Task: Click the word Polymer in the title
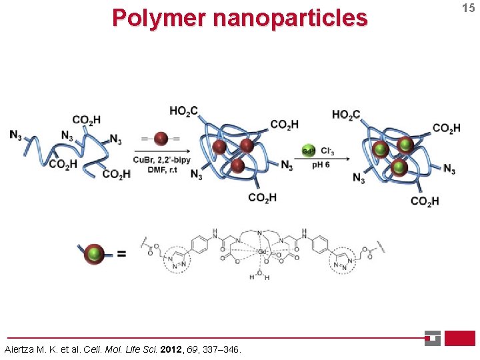point(159,18)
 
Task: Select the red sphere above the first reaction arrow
point(160,139)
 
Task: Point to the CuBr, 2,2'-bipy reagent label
point(161,160)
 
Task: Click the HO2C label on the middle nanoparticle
point(183,111)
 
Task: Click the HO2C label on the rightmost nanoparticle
point(346,115)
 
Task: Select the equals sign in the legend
point(122,254)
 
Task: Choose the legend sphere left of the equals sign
point(95,254)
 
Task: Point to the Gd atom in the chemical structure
point(263,251)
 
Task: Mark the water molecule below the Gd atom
point(261,275)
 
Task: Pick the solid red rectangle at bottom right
point(459,338)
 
